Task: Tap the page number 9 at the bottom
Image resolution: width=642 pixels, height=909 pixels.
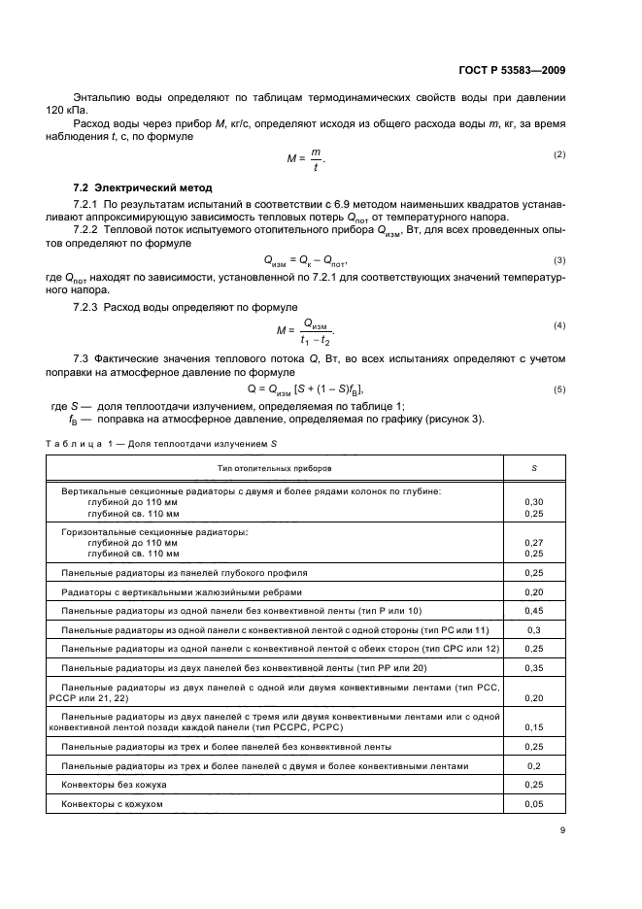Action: (x=562, y=830)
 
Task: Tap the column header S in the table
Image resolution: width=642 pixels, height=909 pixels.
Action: (x=533, y=467)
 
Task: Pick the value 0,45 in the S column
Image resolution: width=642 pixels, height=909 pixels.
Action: (x=533, y=610)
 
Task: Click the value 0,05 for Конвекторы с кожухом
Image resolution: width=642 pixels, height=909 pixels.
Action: (x=533, y=804)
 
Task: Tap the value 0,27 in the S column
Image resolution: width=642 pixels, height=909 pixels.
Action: (x=533, y=543)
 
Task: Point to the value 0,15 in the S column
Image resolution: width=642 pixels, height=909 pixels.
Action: (x=533, y=726)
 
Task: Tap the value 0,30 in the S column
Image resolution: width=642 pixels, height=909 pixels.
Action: (x=533, y=502)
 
